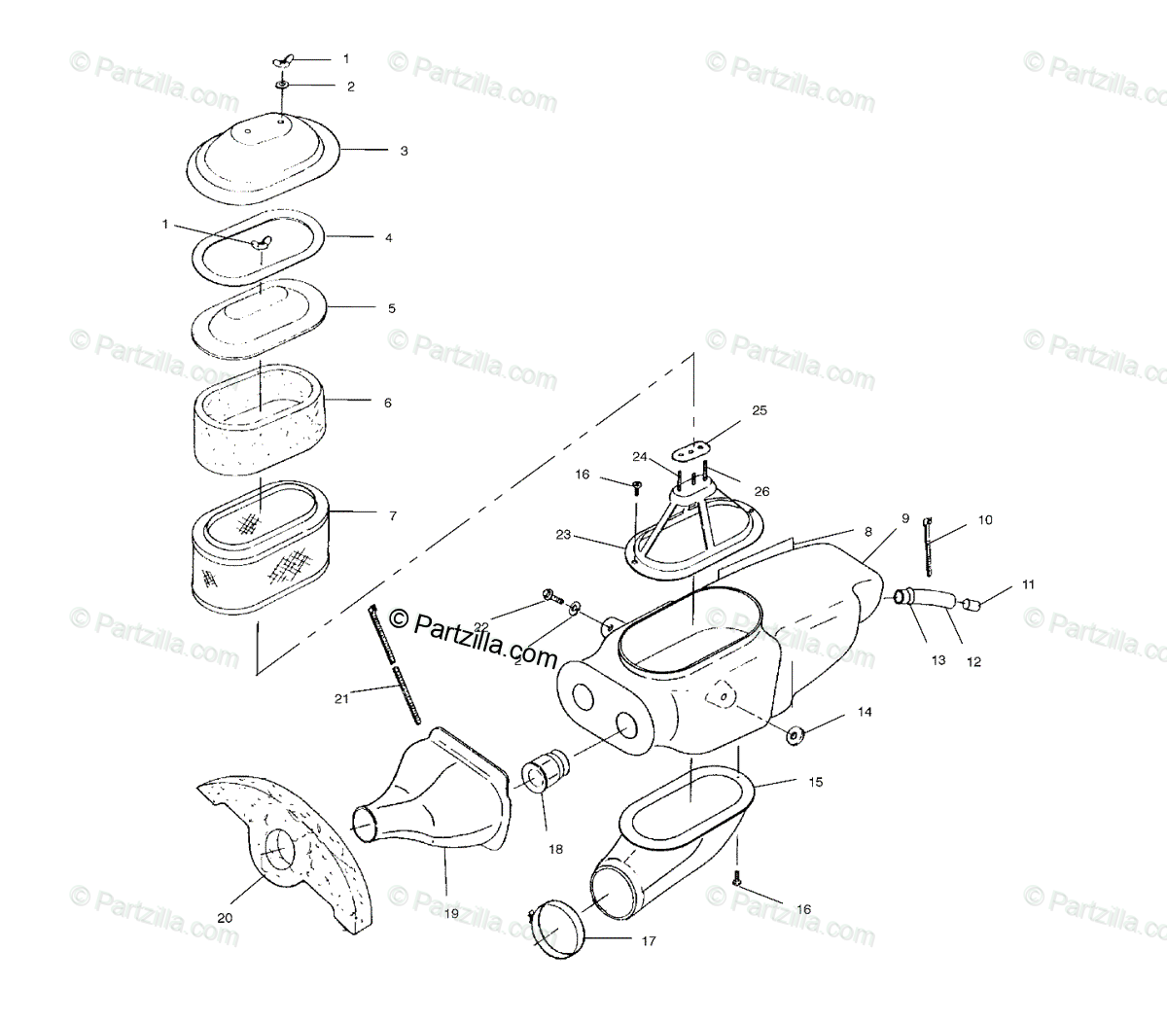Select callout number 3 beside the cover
point(403,151)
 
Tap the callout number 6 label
point(387,402)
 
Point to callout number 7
point(393,515)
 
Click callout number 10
point(985,520)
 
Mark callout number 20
point(225,917)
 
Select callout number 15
point(815,781)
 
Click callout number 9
point(904,518)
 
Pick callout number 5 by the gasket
point(391,308)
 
